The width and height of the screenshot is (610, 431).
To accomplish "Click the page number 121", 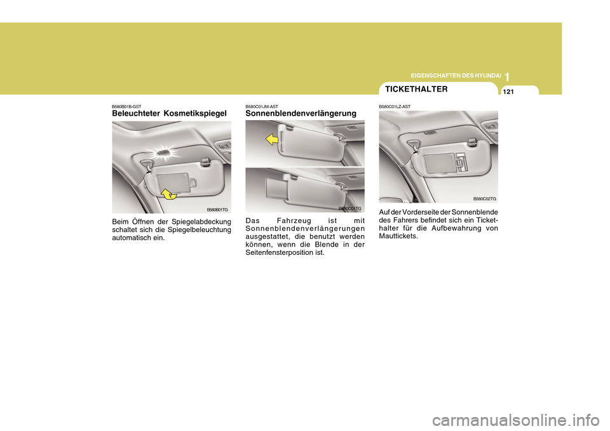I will (510, 92).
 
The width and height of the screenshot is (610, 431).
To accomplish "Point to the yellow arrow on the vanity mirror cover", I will (168, 193).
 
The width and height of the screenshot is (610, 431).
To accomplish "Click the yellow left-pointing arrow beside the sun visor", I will (273, 139).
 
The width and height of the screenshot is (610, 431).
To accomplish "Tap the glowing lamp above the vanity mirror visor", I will (165, 151).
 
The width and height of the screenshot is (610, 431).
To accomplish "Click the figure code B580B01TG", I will (217, 209).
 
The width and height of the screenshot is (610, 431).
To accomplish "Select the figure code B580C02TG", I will (484, 199).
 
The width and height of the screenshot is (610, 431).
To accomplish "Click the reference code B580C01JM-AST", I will (262, 106).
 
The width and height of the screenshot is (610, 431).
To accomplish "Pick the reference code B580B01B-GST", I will (127, 106).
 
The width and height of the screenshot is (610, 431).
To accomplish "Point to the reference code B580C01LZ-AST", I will (395, 106).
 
